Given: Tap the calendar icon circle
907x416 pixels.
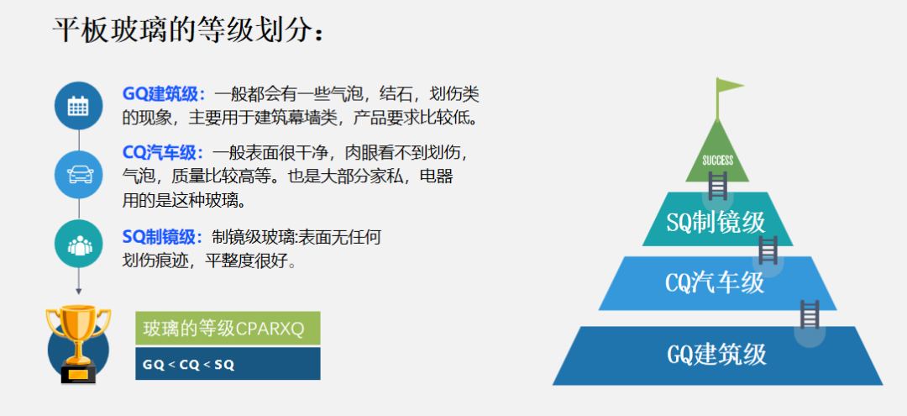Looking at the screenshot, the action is [x=78, y=106].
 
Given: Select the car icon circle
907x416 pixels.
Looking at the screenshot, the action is [x=78, y=174].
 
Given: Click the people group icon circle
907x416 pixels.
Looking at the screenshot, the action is [x=78, y=244].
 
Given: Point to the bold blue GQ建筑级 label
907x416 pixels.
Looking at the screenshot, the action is [x=164, y=94].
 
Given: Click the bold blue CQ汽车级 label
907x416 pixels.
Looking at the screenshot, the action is [x=164, y=153].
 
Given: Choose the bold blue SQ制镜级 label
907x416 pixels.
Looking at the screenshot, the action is [x=164, y=237].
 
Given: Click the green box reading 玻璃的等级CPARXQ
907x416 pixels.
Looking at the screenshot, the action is [x=228, y=328].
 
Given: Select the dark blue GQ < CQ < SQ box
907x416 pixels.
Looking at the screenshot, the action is [x=228, y=363].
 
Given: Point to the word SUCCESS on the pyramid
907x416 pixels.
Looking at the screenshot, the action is [x=718, y=161].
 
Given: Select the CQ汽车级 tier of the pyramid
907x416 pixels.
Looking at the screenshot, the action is [x=717, y=283].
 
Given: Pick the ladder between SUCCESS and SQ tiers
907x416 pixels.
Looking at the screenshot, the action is [x=718, y=185].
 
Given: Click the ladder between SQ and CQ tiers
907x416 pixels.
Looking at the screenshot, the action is [x=768, y=250].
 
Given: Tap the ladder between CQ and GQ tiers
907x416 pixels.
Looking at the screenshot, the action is [x=810, y=314].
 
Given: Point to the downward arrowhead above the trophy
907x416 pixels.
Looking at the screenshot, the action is [x=79, y=291].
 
